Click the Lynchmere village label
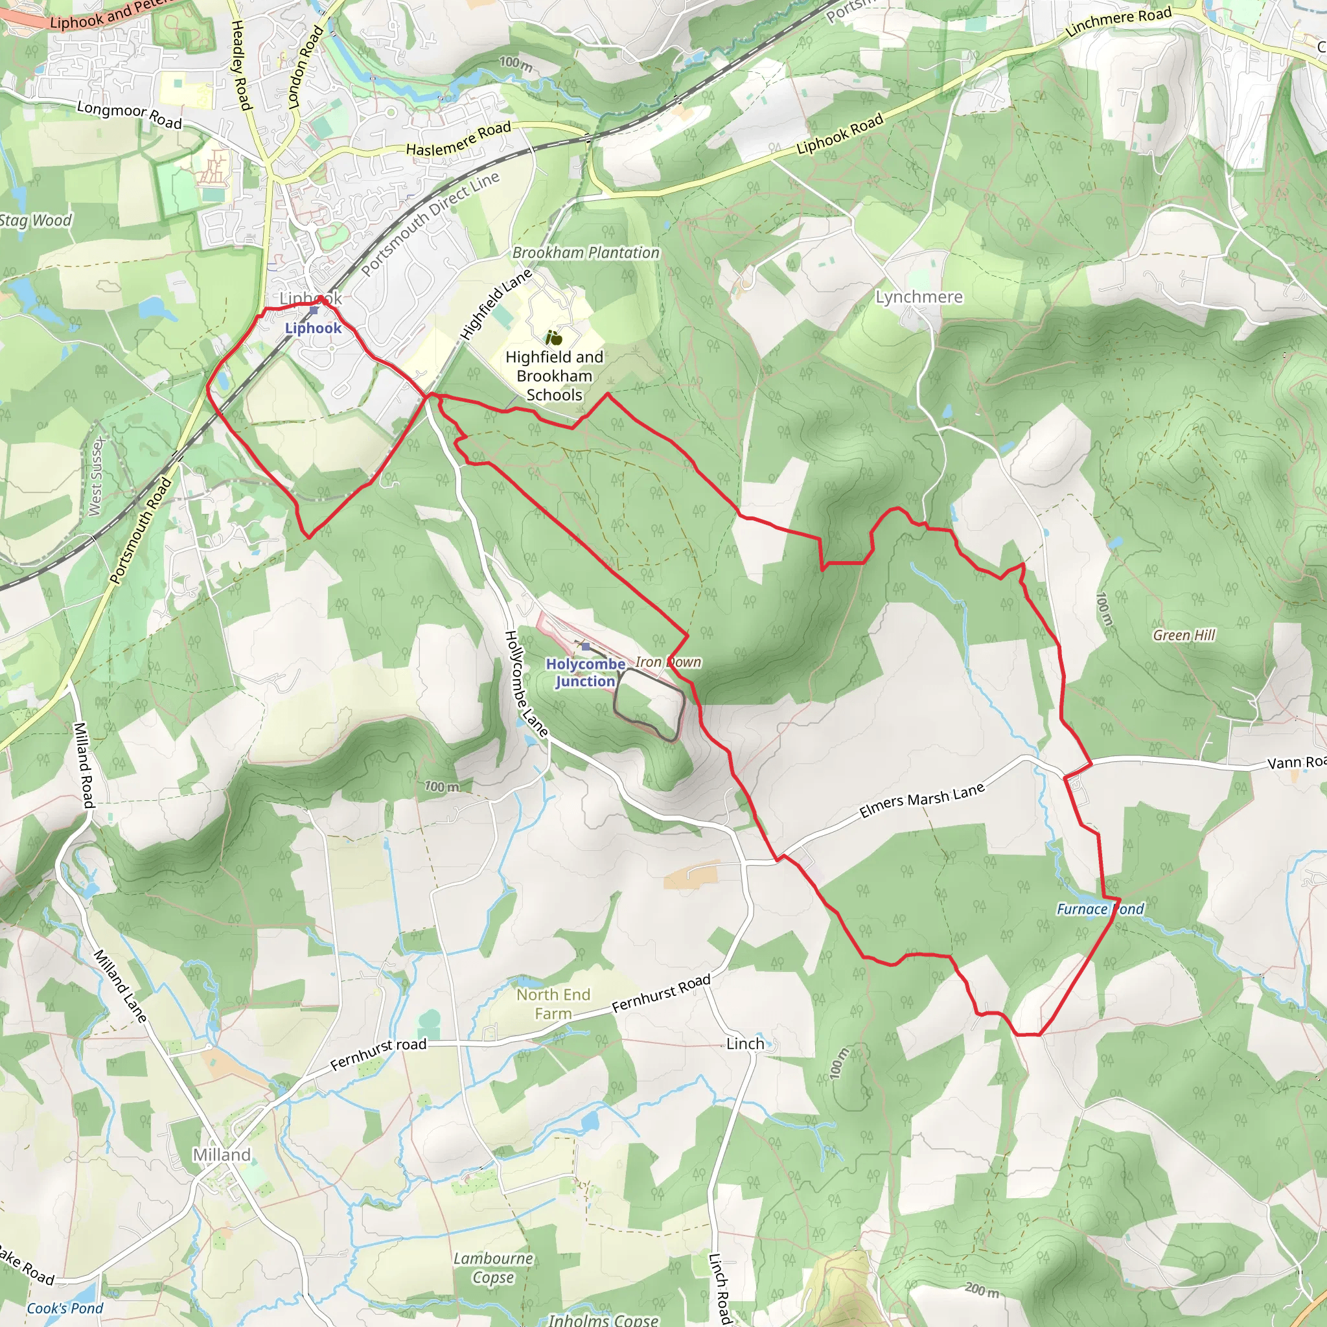coord(918,297)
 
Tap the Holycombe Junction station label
coord(585,673)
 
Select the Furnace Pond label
coord(1100,909)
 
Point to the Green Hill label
coord(1183,636)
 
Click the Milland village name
coord(221,1155)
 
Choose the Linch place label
coord(745,1044)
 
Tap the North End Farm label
coord(553,1004)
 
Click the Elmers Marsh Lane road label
coord(922,801)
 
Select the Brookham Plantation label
coord(586,253)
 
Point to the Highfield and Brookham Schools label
coord(554,376)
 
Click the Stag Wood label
coord(35,220)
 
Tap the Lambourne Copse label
coord(493,1268)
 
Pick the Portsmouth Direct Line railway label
coord(430,224)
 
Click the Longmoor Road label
coord(129,115)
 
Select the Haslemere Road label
coord(459,139)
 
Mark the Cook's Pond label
coord(65,1308)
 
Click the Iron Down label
coord(667,662)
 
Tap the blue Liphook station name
coord(313,329)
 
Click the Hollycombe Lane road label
coord(526,684)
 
